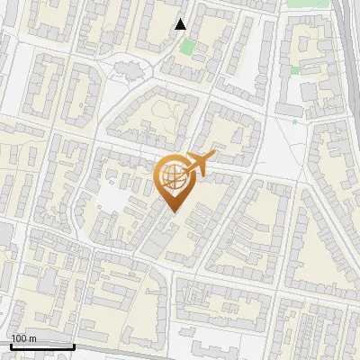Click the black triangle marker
181,24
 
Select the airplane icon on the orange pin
199,163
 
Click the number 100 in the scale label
19,337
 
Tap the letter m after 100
32,337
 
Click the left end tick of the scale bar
11,345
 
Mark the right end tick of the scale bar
74,345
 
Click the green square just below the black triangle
187,44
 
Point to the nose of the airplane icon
214,157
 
